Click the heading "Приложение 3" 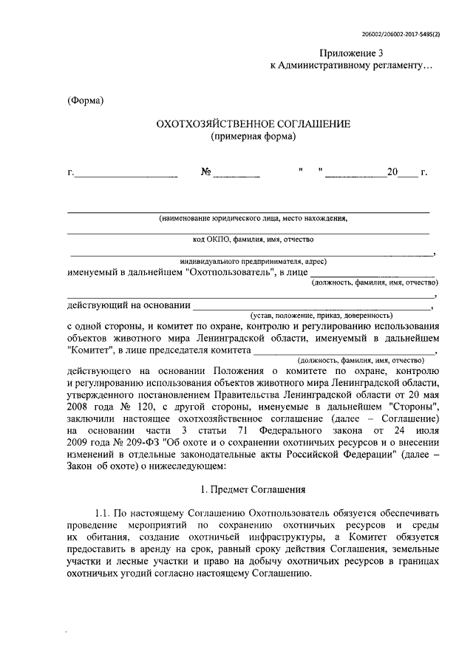click(x=352, y=52)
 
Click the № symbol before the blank click(x=207, y=172)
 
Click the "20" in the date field click(x=392, y=172)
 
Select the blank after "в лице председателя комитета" click(x=343, y=354)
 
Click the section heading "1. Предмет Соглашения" click(x=252, y=490)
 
